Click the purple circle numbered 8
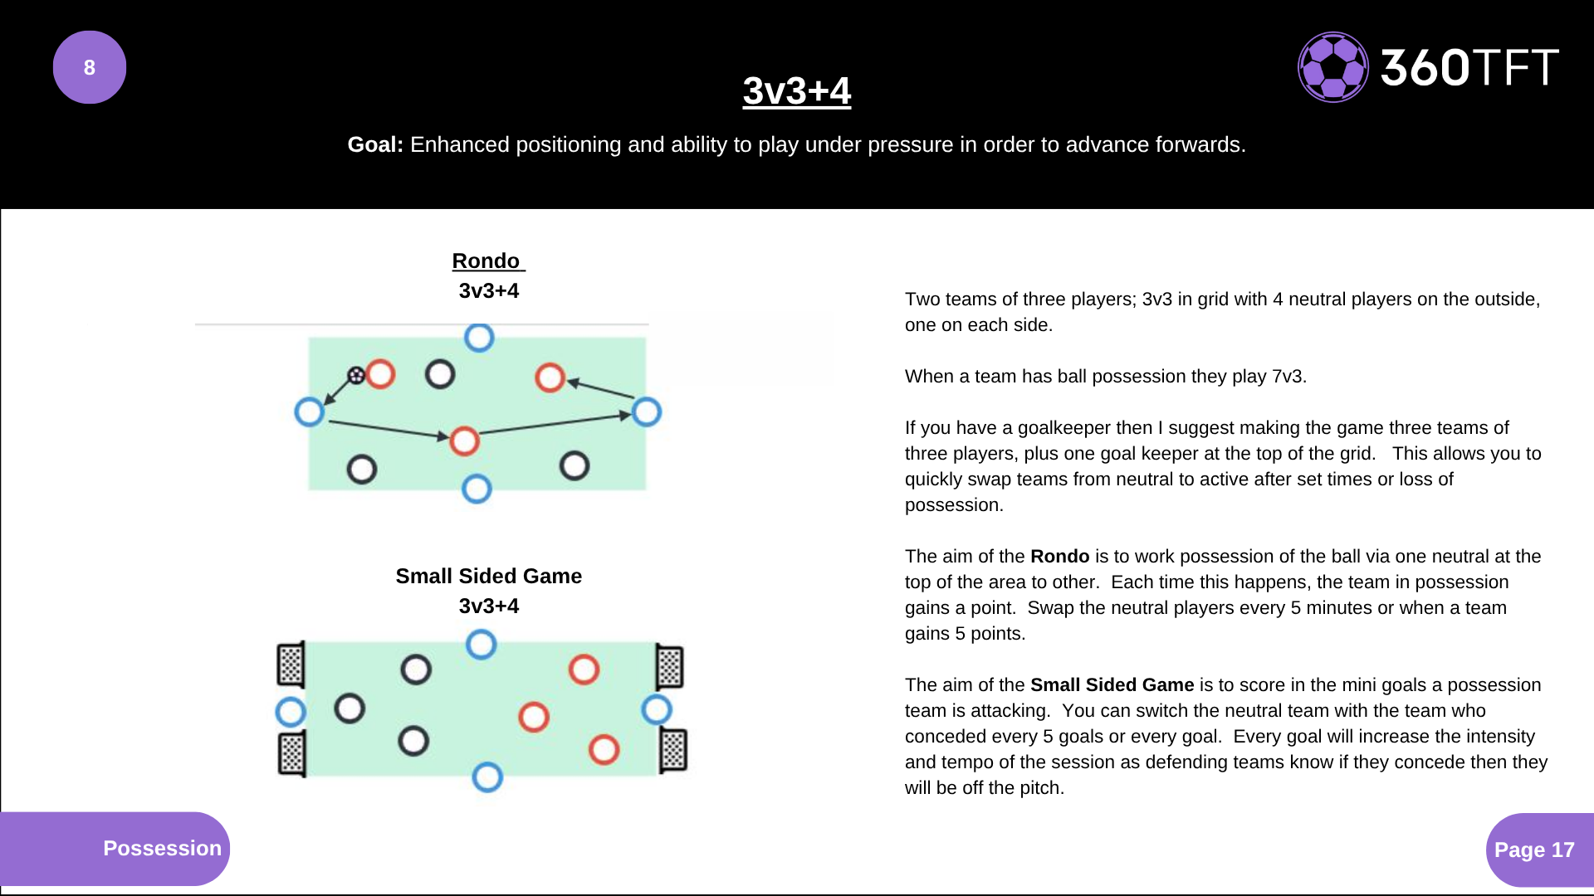(90, 67)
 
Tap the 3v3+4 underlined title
(796, 90)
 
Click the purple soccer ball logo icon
(1332, 67)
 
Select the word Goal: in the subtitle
(375, 144)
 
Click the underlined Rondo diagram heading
(487, 261)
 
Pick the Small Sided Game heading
(488, 576)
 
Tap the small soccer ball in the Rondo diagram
(356, 376)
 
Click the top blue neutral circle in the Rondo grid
(479, 338)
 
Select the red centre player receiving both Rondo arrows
(464, 441)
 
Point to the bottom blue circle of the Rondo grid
(477, 489)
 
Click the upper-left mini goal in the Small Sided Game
(291, 665)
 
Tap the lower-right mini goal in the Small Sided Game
(673, 750)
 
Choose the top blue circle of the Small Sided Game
(481, 645)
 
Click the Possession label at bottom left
(162, 848)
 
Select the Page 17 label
(1534, 850)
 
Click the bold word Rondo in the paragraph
(1059, 556)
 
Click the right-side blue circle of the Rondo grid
(647, 411)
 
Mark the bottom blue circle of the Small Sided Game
(487, 777)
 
